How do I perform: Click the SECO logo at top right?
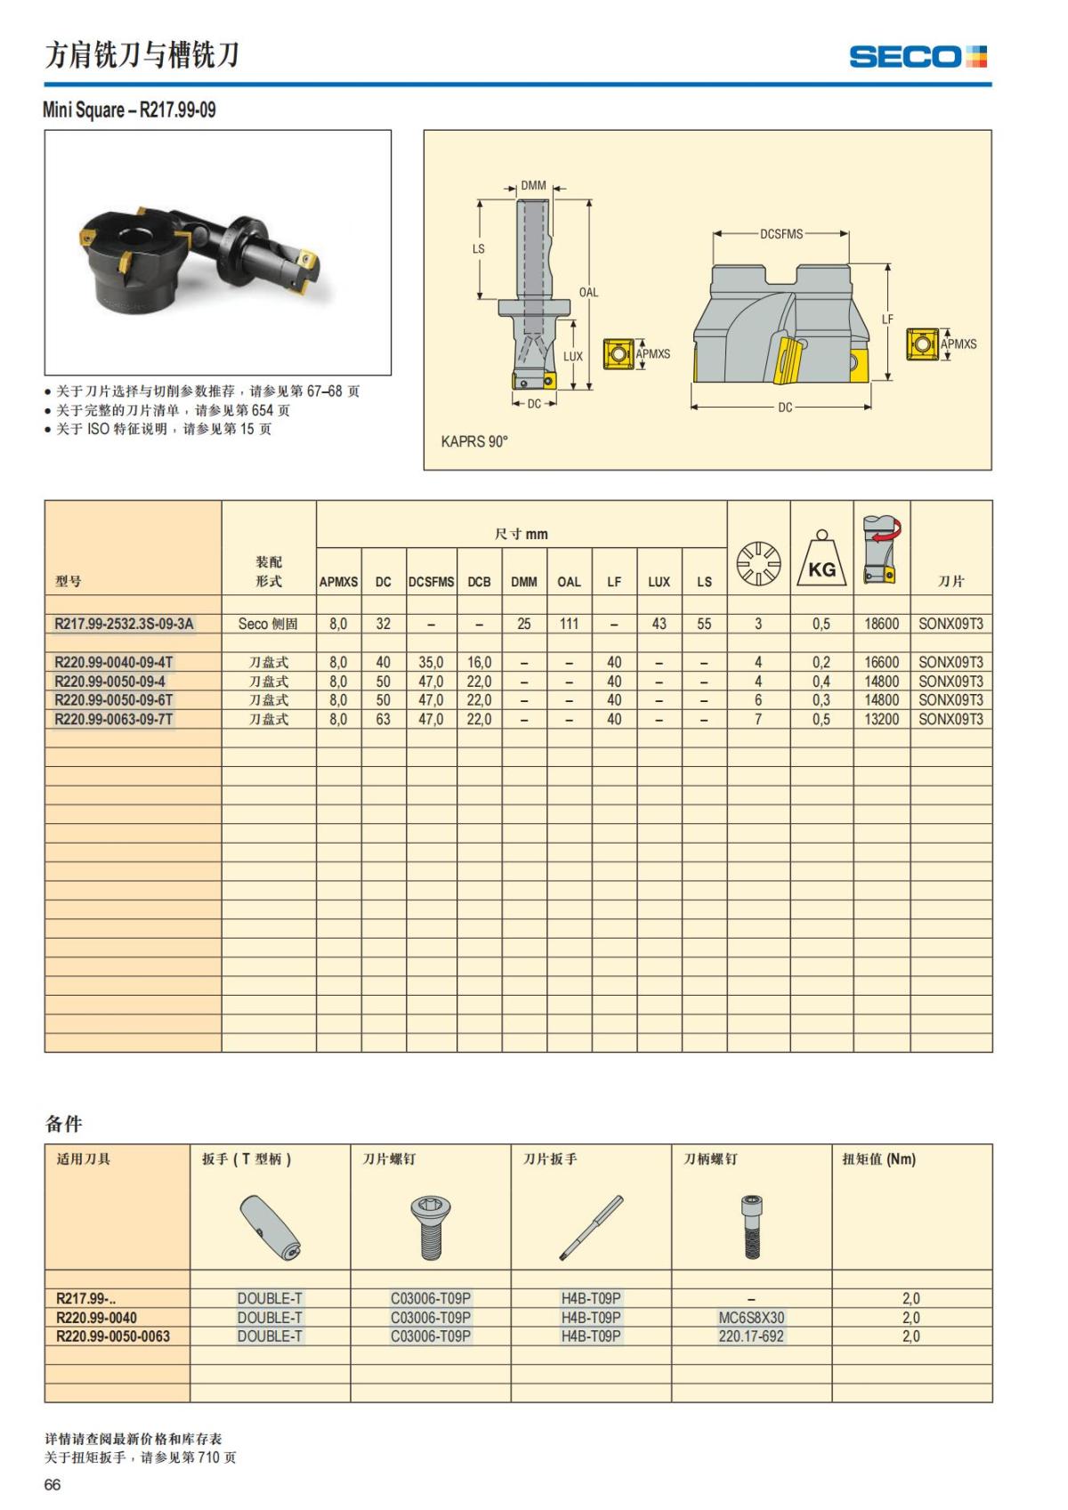(x=918, y=57)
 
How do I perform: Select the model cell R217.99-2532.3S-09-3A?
(x=124, y=624)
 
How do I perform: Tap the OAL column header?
(x=569, y=582)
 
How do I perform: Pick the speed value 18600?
(x=881, y=624)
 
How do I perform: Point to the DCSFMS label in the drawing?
(x=781, y=234)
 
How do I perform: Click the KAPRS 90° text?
(x=474, y=441)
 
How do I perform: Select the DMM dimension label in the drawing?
(x=533, y=186)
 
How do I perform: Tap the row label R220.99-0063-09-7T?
(x=114, y=719)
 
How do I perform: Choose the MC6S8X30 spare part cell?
(x=751, y=1317)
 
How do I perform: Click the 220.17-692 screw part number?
(x=751, y=1336)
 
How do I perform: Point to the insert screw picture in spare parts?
(x=431, y=1227)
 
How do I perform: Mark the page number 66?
(x=53, y=1485)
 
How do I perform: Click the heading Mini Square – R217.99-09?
(x=129, y=110)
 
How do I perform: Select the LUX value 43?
(x=659, y=624)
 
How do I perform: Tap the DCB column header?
(x=479, y=582)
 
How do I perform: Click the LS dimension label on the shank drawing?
(x=478, y=249)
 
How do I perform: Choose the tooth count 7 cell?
(x=758, y=719)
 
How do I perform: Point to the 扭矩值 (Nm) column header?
(x=878, y=1159)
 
